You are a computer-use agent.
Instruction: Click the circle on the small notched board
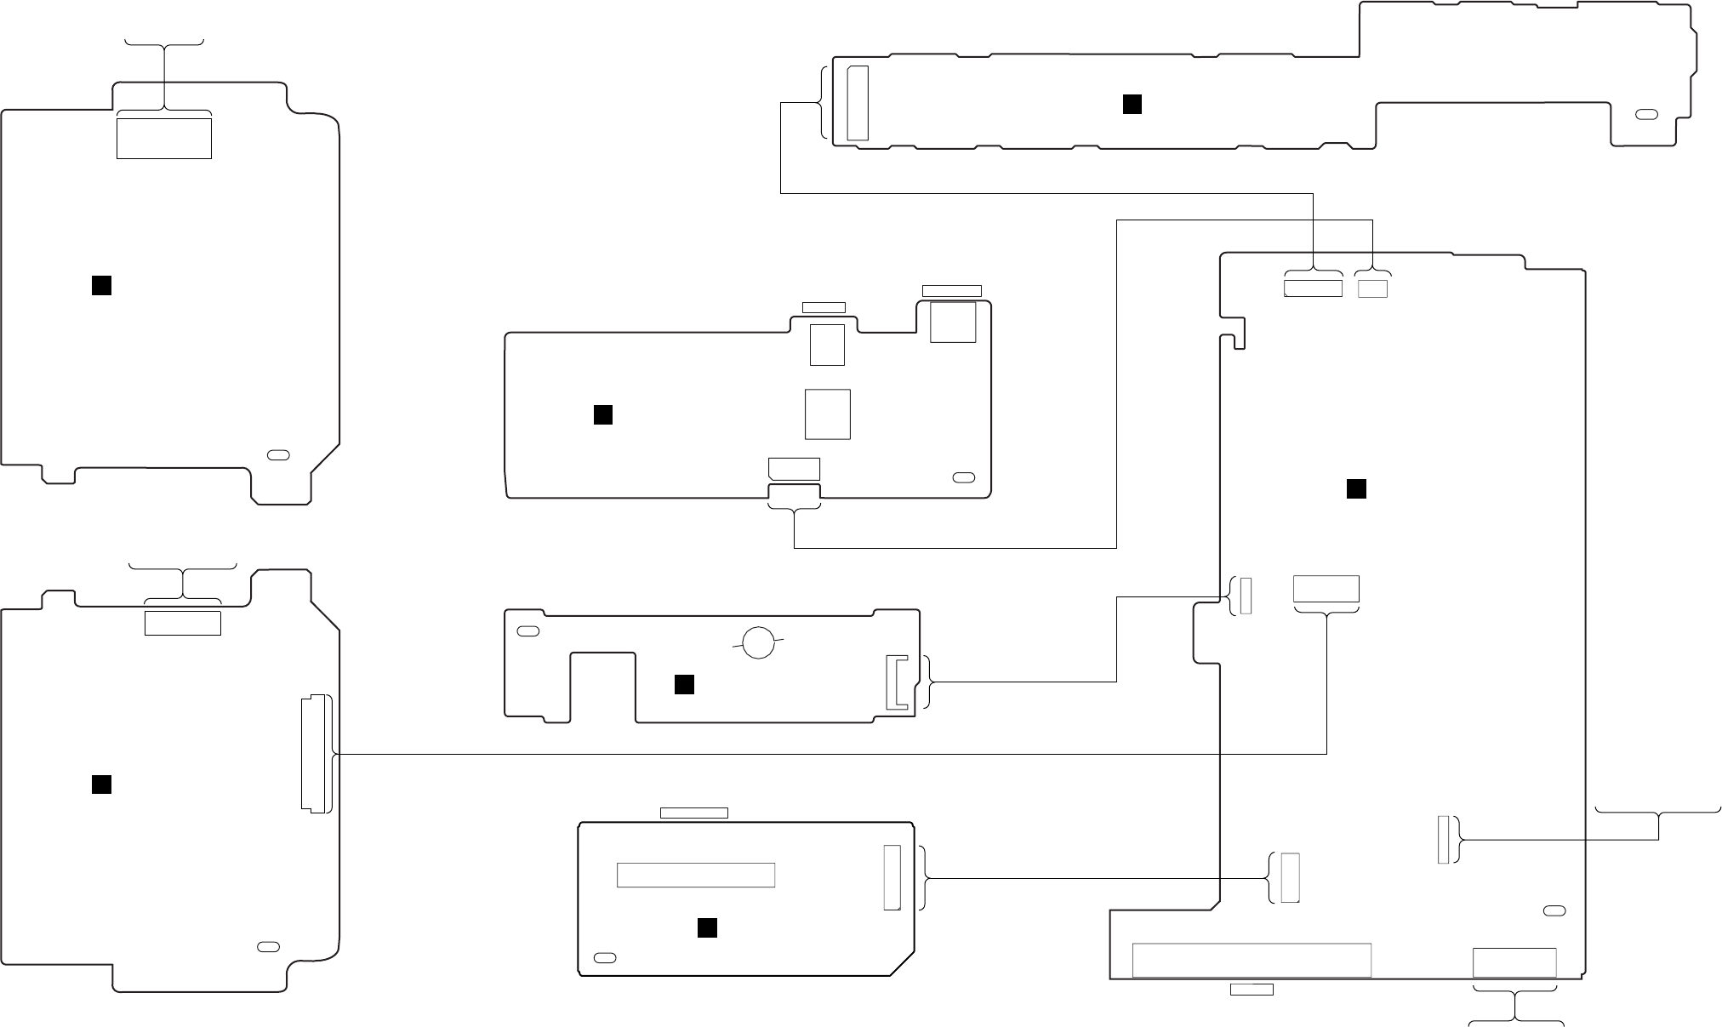[758, 642]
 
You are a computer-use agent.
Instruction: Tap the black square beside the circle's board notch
[684, 684]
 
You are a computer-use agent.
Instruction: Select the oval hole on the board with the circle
[527, 632]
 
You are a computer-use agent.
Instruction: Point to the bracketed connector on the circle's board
[897, 682]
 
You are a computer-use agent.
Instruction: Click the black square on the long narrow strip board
[1132, 104]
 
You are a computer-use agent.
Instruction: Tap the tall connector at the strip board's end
[858, 103]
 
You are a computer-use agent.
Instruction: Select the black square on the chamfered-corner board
[706, 927]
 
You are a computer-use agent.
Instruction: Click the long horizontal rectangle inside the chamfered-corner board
[695, 875]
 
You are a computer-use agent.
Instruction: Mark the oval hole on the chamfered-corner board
[604, 958]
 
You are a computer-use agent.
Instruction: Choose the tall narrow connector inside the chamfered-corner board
[892, 877]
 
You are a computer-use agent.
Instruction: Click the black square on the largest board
[1356, 488]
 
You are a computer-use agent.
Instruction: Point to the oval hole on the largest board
[1554, 911]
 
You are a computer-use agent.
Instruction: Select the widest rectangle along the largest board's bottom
[1251, 960]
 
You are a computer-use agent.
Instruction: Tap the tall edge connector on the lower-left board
[315, 754]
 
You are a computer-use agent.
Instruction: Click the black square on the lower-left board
[101, 785]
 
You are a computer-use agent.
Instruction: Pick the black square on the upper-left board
[101, 286]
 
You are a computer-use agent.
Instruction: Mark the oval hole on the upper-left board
[278, 454]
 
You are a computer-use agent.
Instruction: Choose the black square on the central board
[602, 414]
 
